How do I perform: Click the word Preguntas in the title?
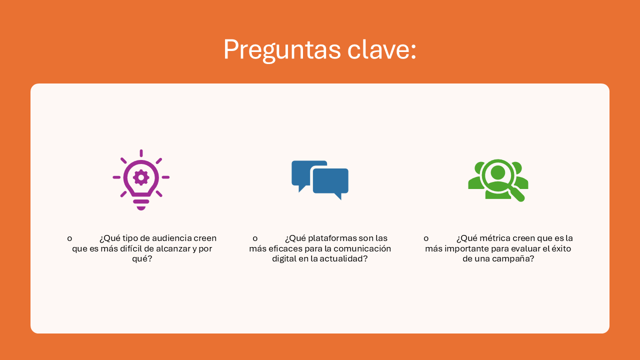pos(282,50)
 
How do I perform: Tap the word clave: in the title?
pos(381,48)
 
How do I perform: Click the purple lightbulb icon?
pos(141,179)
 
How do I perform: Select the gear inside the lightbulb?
pos(141,177)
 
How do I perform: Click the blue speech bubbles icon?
pos(320,180)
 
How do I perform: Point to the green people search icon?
pos(498,180)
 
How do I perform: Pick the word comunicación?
pos(362,248)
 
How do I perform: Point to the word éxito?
pos(561,248)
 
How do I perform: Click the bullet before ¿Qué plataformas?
pos(255,238)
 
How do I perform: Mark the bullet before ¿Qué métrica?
pos(426,238)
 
